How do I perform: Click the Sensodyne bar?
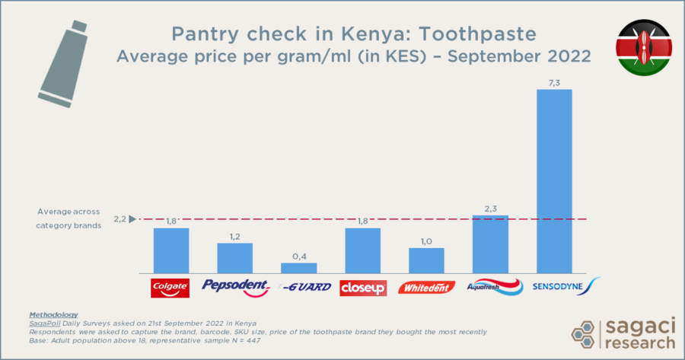554,181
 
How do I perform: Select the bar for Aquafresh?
490,244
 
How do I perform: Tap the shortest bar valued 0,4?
299,268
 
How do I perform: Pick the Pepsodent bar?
235,258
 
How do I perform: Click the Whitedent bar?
426,260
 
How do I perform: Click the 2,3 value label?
490,208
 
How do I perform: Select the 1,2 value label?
235,236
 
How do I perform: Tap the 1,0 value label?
426,241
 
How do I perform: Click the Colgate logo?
171,288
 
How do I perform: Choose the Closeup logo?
363,288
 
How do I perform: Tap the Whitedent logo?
426,288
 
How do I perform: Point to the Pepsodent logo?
235,287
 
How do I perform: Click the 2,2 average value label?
120,219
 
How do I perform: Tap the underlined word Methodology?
53,314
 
